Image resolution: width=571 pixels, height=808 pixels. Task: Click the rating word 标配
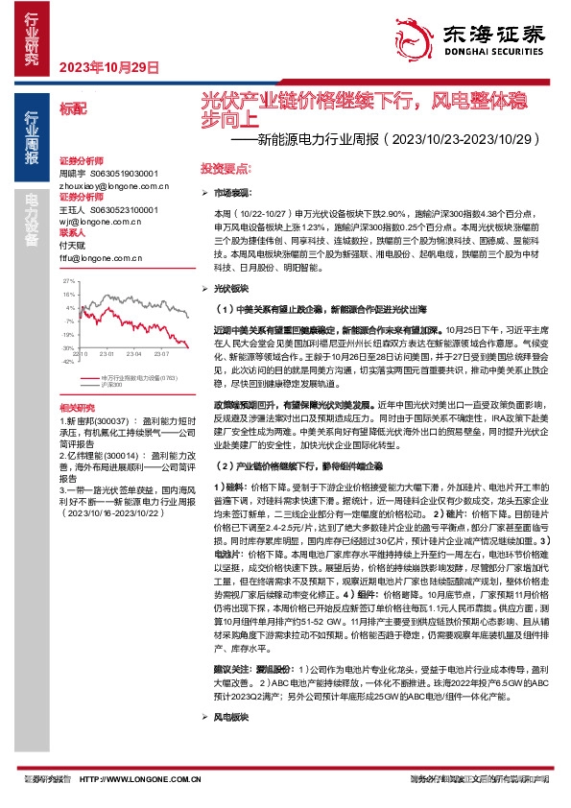(x=73, y=109)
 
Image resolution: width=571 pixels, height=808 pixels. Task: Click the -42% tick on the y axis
(x=68, y=362)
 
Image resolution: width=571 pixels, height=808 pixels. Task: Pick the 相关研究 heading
(x=77, y=408)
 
